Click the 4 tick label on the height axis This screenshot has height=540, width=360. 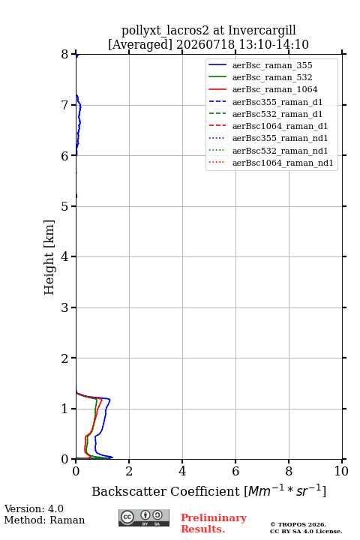pyautogui.click(x=65, y=256)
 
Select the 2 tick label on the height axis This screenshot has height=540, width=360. pyautogui.click(x=65, y=358)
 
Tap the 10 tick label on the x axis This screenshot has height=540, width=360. pyautogui.click(x=341, y=471)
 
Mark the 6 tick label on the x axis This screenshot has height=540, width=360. pyautogui.click(x=235, y=471)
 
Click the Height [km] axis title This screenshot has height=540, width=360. pyautogui.click(x=49, y=257)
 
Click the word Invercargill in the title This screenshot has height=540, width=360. pyautogui.click(x=262, y=31)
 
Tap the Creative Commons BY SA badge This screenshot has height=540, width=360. pyautogui.click(x=144, y=517)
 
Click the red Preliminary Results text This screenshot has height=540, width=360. pyautogui.click(x=214, y=523)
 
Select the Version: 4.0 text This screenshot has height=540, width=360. pyautogui.click(x=34, y=508)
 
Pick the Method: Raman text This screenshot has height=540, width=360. pyautogui.click(x=44, y=520)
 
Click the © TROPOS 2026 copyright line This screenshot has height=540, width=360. pyautogui.click(x=298, y=524)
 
